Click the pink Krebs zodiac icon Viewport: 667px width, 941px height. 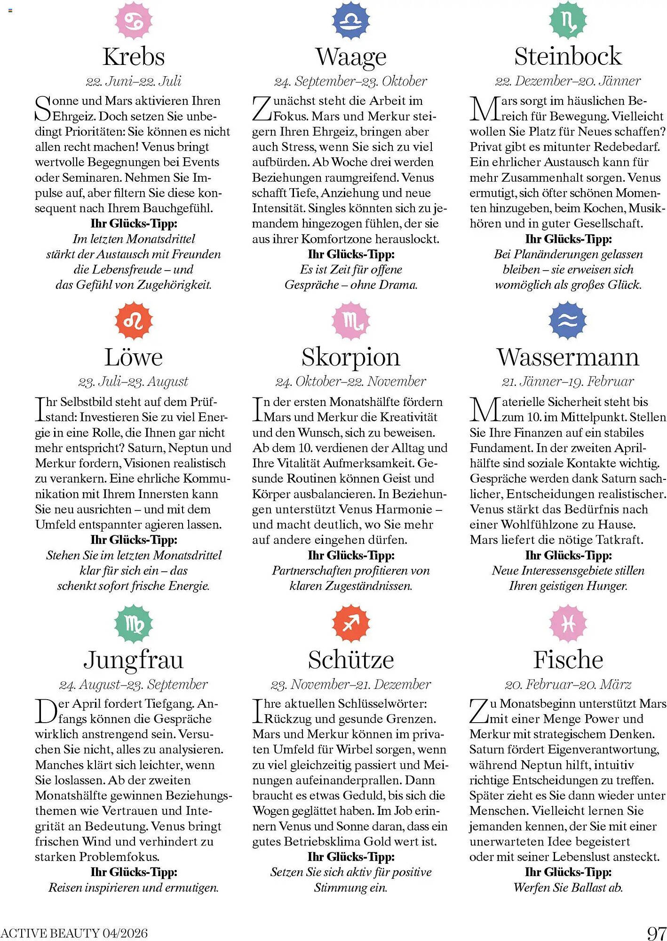[x=134, y=20]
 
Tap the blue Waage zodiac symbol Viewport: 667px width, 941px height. [x=351, y=20]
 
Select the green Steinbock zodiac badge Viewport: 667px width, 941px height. [x=568, y=20]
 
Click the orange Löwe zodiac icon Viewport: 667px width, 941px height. [x=134, y=321]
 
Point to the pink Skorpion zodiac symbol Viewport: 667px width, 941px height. [x=351, y=321]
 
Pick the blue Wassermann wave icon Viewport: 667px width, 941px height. [x=568, y=321]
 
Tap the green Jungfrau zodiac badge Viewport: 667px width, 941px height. [x=134, y=624]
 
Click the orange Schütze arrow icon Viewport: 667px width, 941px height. [x=351, y=624]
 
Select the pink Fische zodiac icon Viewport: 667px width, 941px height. [x=568, y=624]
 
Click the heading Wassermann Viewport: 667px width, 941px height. [x=568, y=357]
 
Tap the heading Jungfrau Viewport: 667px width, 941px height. [x=134, y=660]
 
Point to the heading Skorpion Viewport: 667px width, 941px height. [x=351, y=357]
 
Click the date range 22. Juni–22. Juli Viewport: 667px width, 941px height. [x=134, y=81]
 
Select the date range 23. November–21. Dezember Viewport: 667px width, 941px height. [x=351, y=684]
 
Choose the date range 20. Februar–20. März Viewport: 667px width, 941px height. [x=568, y=684]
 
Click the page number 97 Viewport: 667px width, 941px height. [x=657, y=933]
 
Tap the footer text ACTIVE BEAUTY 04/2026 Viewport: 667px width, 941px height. [x=74, y=933]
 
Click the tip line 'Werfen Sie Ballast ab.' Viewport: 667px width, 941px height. [x=568, y=887]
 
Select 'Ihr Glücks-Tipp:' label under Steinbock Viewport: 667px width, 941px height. [x=568, y=239]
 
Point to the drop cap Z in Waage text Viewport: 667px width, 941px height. [x=262, y=108]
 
